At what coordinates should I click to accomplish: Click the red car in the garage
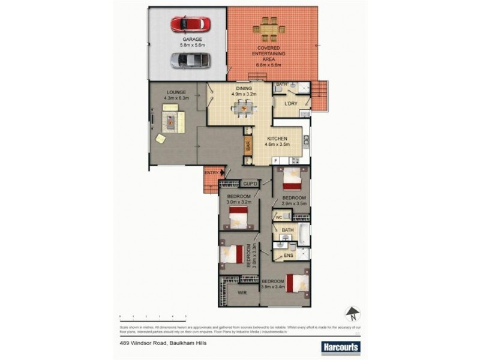(190, 25)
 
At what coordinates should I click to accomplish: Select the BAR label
(247, 145)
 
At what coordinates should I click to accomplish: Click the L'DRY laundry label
(290, 104)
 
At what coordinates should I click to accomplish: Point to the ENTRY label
(211, 173)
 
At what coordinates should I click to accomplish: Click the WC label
(279, 217)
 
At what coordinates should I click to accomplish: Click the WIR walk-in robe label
(243, 293)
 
